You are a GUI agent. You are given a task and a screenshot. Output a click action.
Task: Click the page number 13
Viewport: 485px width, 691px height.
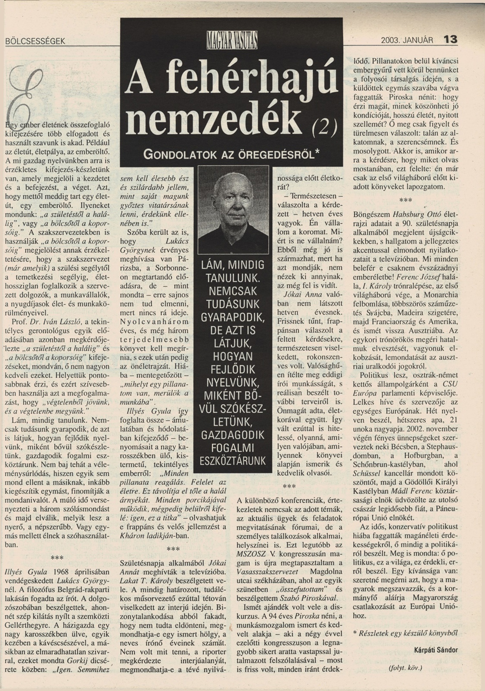[450, 40]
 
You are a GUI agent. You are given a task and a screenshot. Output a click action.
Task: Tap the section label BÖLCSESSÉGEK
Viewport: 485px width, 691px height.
[35, 41]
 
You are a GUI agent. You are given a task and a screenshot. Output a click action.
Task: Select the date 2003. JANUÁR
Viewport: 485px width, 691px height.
[407, 41]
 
